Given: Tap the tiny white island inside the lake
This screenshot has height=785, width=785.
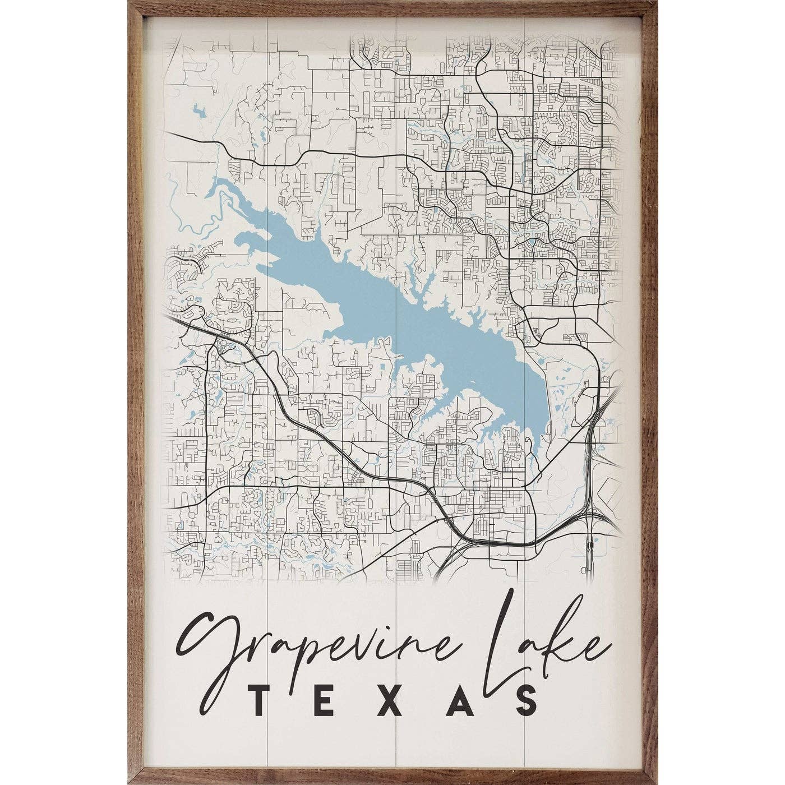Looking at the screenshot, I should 472,384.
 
